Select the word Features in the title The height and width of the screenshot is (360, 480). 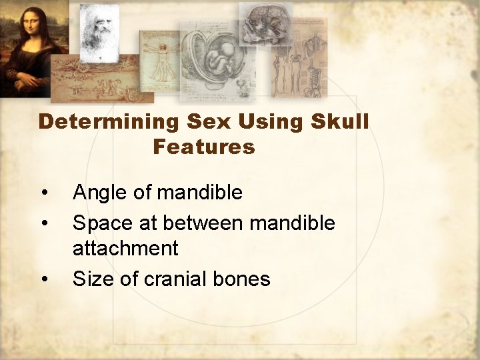click(x=203, y=146)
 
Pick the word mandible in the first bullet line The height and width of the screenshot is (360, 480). click(x=199, y=193)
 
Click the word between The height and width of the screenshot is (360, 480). click(x=203, y=223)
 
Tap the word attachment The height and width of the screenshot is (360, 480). click(x=125, y=249)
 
